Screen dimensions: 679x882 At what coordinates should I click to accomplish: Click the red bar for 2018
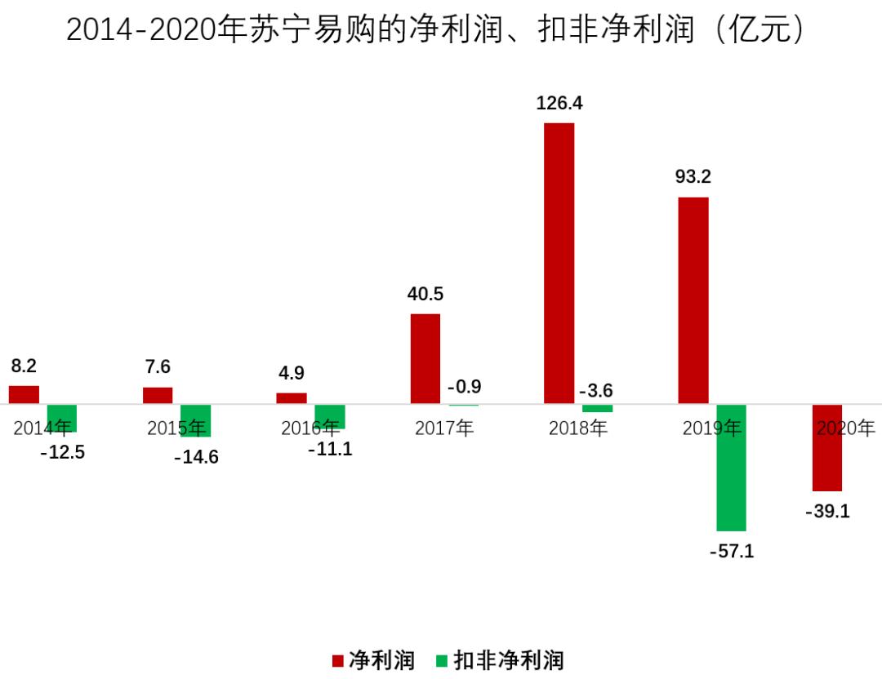coord(559,263)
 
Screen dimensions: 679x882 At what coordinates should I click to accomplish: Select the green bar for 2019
coord(731,468)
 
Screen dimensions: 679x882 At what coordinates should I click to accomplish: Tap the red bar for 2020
coord(827,447)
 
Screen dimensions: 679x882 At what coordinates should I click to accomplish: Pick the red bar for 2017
coord(425,358)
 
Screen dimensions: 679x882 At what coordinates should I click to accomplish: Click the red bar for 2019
coord(693,300)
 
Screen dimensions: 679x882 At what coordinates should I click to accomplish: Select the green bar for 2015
coord(196,420)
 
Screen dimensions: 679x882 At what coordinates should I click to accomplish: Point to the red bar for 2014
coord(24,394)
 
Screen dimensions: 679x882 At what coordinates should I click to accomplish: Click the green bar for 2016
coord(330,416)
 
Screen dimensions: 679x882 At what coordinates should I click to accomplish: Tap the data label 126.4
coord(559,104)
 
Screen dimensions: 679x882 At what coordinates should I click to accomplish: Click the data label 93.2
coord(693,177)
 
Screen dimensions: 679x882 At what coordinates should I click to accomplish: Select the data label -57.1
coord(731,552)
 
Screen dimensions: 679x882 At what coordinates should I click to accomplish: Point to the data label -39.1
coord(827,512)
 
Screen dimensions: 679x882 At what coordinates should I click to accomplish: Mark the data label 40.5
coord(425,294)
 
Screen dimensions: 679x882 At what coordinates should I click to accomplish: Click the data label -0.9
coord(464,386)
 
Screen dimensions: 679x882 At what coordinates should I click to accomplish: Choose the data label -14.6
coord(196,457)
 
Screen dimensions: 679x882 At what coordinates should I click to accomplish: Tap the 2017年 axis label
coord(444,428)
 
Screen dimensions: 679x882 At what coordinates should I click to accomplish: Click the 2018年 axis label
coord(578,428)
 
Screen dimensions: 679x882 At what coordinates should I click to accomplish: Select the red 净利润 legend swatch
coord(337,660)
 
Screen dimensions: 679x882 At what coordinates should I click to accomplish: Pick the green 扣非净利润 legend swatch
coord(442,660)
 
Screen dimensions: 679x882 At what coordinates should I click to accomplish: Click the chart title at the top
coord(441,30)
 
